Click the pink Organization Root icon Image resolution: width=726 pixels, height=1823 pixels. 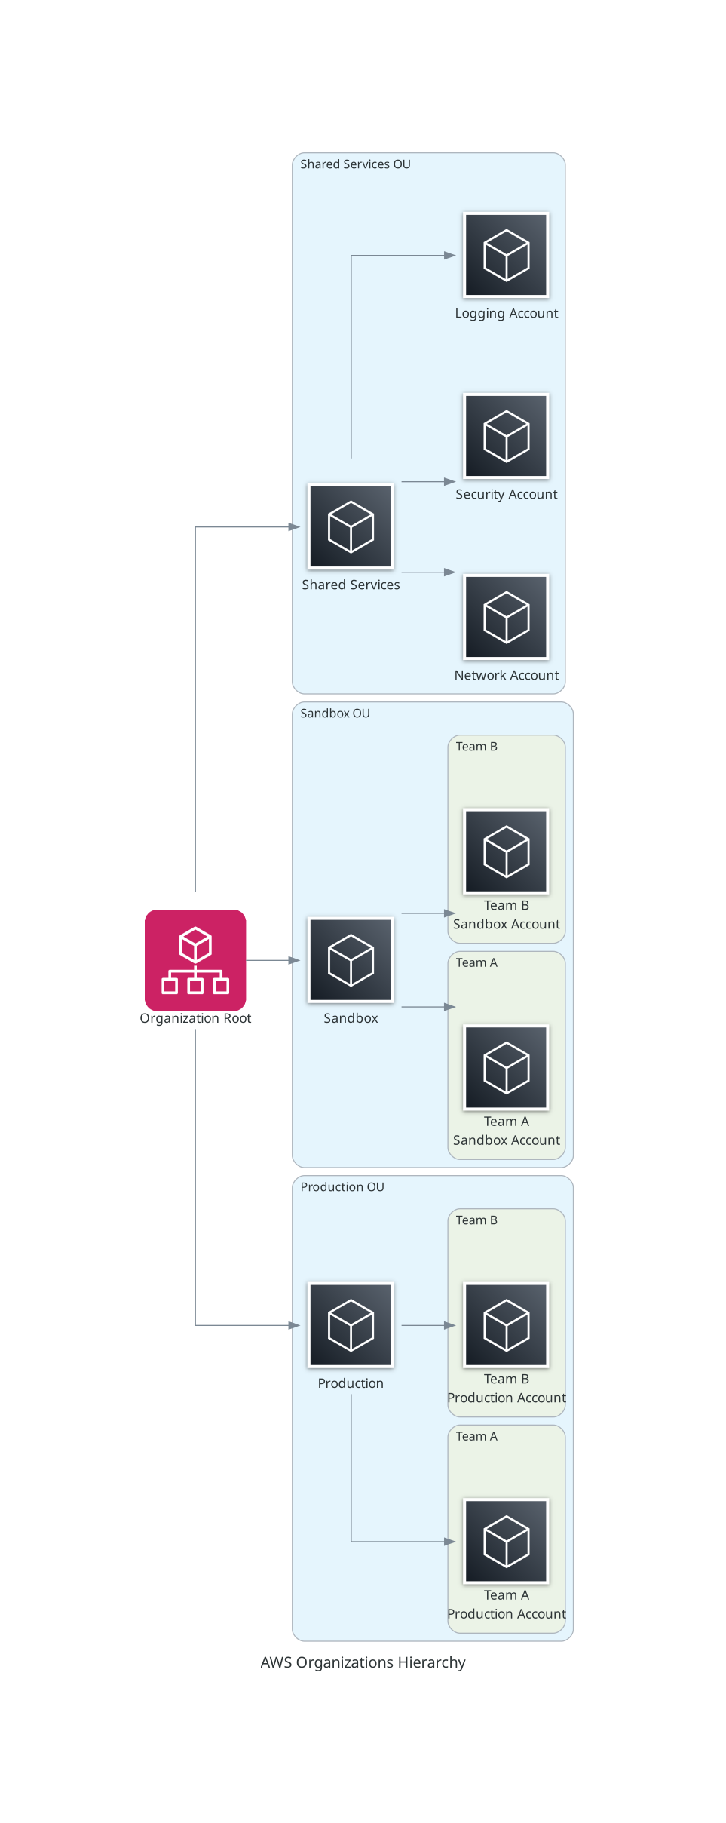point(195,959)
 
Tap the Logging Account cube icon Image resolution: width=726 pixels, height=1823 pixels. point(506,255)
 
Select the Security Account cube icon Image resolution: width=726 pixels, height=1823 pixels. point(506,436)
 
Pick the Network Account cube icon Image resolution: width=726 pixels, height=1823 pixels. point(506,617)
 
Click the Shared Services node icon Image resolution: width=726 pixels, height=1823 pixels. point(351,526)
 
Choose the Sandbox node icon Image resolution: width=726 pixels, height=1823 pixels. point(351,959)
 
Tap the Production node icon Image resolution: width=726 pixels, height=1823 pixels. point(351,1325)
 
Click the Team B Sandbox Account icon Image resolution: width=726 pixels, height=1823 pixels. point(506,851)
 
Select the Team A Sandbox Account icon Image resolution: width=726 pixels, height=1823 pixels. point(506,1067)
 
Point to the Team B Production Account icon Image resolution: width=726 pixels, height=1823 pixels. point(506,1325)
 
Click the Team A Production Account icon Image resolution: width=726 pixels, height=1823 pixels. point(506,1541)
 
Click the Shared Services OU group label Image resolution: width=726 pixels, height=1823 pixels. point(355,164)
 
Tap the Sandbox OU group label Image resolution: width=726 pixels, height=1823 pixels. point(335,714)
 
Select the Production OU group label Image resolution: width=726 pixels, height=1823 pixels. point(342,1187)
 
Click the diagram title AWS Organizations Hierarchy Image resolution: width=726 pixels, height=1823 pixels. point(363,1662)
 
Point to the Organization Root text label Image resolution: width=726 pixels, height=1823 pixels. point(195,1018)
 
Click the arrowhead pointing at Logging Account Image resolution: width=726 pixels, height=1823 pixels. point(450,256)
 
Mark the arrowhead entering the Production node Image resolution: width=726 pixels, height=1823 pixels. point(295,1325)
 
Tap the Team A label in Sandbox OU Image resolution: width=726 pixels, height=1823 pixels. point(476,963)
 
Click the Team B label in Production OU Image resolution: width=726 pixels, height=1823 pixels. point(476,1220)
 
